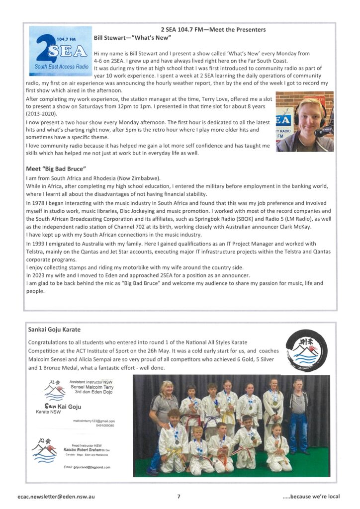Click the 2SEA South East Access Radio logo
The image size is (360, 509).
coord(60,50)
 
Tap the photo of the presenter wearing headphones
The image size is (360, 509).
coord(305,121)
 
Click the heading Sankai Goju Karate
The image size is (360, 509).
coord(54,329)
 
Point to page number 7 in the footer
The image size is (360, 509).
coord(179,496)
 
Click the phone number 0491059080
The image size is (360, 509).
coord(103,425)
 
